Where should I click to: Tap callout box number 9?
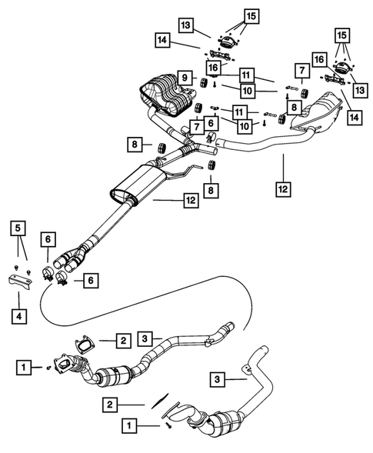[185, 78]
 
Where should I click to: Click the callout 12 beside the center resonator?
[191, 201]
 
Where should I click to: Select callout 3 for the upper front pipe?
[148, 336]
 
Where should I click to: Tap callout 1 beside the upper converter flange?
[25, 369]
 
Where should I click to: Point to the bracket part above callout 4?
[19, 282]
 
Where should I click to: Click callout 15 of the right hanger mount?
[343, 35]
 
